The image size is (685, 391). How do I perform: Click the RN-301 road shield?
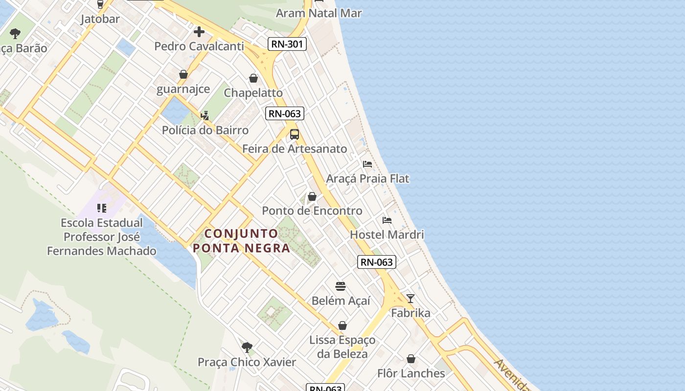pyautogui.click(x=288, y=44)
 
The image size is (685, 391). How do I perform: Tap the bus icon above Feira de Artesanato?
pyautogui.click(x=295, y=134)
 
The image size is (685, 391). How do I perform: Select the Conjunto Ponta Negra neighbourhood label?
pyautogui.click(x=241, y=240)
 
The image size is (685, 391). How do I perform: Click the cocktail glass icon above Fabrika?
pyautogui.click(x=411, y=299)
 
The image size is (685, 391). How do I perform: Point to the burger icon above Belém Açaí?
pyautogui.click(x=341, y=286)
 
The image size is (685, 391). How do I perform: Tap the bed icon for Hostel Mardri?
pyautogui.click(x=387, y=220)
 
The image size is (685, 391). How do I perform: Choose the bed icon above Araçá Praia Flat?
pyautogui.click(x=367, y=164)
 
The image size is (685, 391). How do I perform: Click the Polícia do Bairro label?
pyautogui.click(x=205, y=130)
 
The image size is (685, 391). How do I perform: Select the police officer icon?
pyautogui.click(x=205, y=115)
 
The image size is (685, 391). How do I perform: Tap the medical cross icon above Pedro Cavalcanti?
pyautogui.click(x=199, y=32)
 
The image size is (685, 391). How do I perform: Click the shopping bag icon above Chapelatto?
pyautogui.click(x=253, y=78)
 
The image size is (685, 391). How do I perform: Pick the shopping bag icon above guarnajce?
pyautogui.click(x=183, y=74)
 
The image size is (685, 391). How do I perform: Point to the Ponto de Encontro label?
pyautogui.click(x=312, y=211)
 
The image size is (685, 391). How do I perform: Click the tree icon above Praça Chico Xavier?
pyautogui.click(x=247, y=348)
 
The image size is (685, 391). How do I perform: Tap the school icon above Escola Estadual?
pyautogui.click(x=102, y=208)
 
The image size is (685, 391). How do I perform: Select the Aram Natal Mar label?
pyautogui.click(x=319, y=13)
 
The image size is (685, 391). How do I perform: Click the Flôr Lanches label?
pyautogui.click(x=411, y=373)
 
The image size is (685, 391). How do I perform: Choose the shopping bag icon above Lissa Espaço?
pyautogui.click(x=342, y=326)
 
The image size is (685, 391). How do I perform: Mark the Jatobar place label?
pyautogui.click(x=100, y=20)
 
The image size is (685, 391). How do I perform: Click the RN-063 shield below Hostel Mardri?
pyautogui.click(x=376, y=262)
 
